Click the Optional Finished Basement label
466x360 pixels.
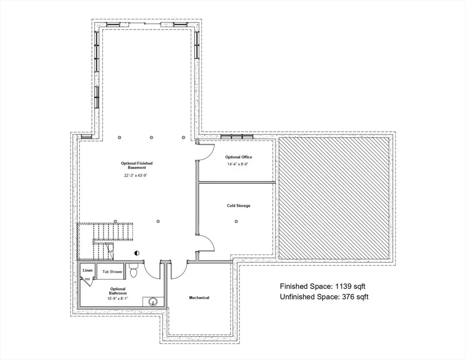tap(137, 165)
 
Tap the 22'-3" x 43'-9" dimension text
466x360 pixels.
tap(136, 175)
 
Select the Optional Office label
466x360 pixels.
tap(239, 157)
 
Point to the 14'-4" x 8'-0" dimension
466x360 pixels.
tap(238, 164)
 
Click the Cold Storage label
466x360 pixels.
tap(239, 206)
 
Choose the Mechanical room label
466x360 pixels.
tap(199, 298)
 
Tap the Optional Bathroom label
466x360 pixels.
tap(118, 291)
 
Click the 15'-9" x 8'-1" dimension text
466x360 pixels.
tap(118, 299)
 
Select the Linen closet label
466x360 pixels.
tap(88, 270)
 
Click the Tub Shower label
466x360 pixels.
tap(113, 272)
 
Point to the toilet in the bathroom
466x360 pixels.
tap(134, 270)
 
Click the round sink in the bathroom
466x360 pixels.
tap(153, 302)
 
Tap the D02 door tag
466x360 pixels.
tap(87, 279)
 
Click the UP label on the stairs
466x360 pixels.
tap(111, 252)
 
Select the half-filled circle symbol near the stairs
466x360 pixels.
tap(137, 253)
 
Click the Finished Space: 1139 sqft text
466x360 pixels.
tap(323, 286)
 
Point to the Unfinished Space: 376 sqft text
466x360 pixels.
tap(324, 297)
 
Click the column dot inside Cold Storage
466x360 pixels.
tap(236, 221)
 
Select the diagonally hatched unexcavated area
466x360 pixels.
tap(334, 198)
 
